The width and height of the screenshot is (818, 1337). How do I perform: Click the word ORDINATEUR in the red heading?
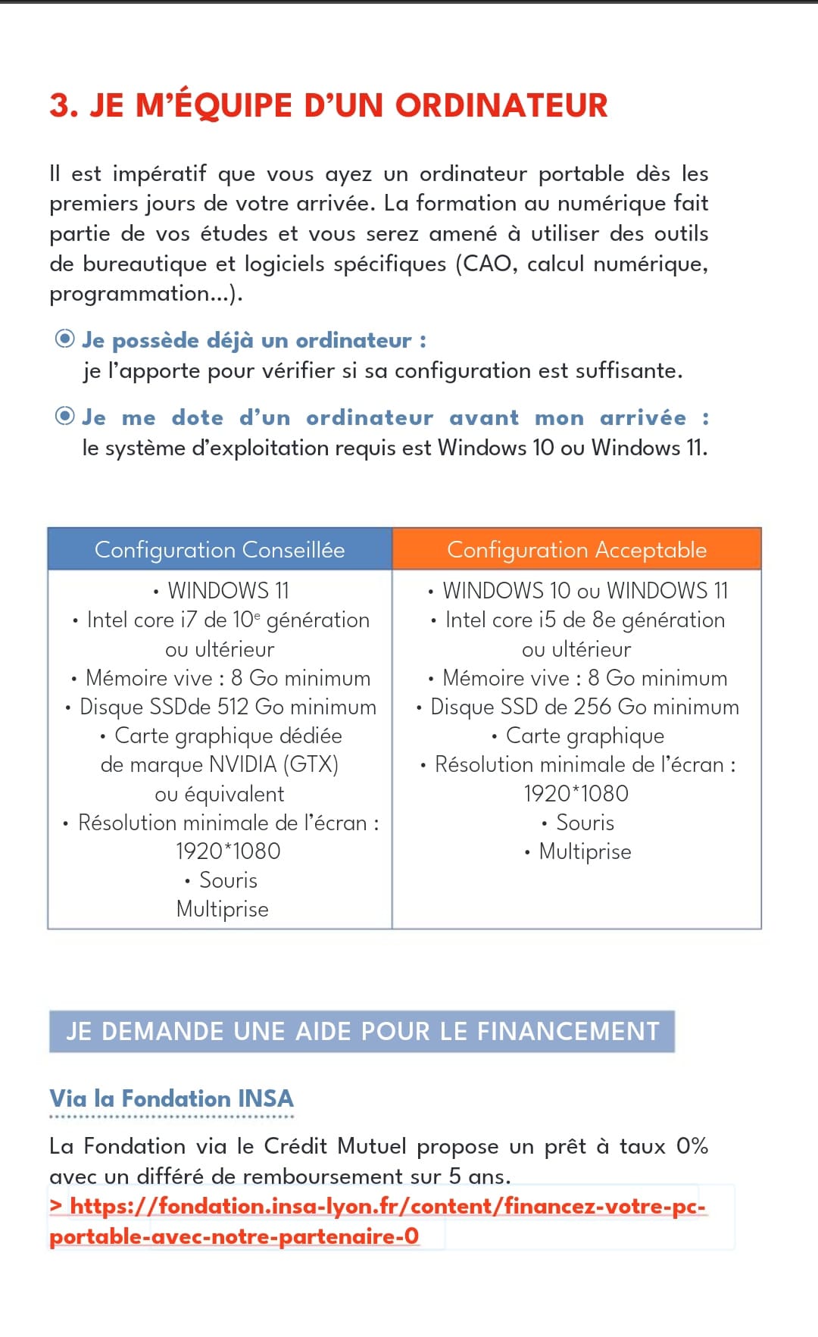pyautogui.click(x=501, y=106)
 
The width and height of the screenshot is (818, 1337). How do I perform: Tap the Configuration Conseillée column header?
pyautogui.click(x=220, y=549)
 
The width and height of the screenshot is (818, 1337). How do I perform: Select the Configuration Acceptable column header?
pyautogui.click(x=576, y=549)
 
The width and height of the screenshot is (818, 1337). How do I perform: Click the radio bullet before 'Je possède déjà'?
pyautogui.click(x=65, y=339)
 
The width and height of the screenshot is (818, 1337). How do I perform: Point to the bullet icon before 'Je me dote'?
pyautogui.click(x=65, y=417)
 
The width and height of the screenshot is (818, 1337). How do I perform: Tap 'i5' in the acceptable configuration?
pyautogui.click(x=547, y=620)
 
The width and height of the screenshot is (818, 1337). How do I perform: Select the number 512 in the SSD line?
pyautogui.click(x=233, y=707)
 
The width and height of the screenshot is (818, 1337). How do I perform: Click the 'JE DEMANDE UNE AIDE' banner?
pyautogui.click(x=362, y=1031)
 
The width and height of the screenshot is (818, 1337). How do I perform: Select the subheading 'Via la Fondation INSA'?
pyautogui.click(x=171, y=1098)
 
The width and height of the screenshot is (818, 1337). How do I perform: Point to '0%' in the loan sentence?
pyautogui.click(x=692, y=1146)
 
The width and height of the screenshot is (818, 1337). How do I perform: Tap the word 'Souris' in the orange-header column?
pyautogui.click(x=585, y=823)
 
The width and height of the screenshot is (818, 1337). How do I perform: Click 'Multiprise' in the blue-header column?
pyautogui.click(x=223, y=909)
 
